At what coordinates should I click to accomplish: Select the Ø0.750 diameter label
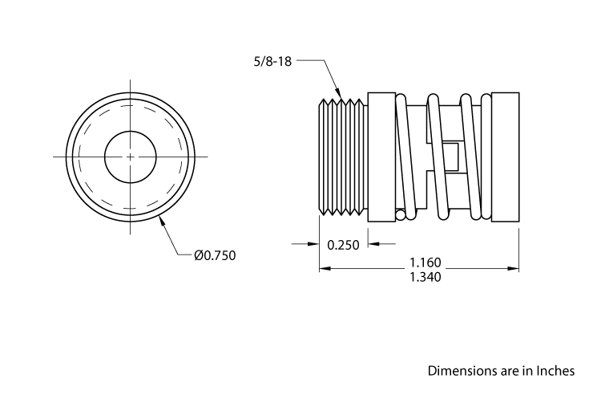tap(215, 255)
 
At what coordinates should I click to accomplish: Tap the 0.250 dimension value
tap(343, 246)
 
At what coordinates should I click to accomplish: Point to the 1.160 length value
tap(426, 263)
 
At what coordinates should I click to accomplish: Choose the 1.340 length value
tap(426, 277)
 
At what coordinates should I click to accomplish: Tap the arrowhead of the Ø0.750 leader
tap(162, 220)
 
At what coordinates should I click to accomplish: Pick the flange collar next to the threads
tap(380, 156)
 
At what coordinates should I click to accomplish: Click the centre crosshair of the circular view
tap(131, 156)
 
